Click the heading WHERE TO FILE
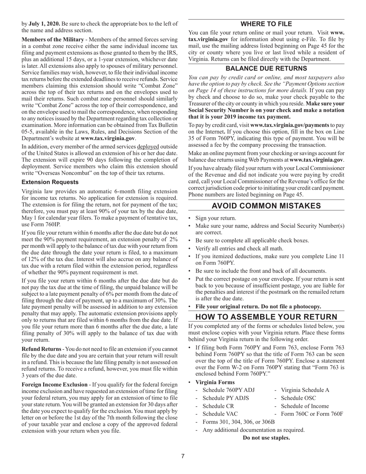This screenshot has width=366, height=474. click(x=266, y=24)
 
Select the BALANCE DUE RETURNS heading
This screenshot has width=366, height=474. click(x=266, y=69)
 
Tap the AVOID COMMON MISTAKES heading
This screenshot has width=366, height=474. click(x=266, y=205)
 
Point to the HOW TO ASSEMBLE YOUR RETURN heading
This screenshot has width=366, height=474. click(x=266, y=317)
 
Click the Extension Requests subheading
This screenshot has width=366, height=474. click(x=50, y=182)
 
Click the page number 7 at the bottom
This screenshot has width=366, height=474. click(x=183, y=456)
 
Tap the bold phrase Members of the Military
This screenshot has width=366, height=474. click(x=53, y=40)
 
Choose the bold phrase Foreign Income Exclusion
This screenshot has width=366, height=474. click(x=54, y=384)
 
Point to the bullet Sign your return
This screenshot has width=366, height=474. click(x=216, y=218)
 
